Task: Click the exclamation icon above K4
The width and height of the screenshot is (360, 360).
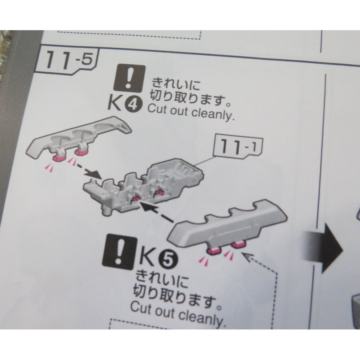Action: pyautogui.click(x=129, y=78)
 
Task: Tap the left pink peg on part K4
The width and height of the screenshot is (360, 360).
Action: pyautogui.click(x=59, y=156)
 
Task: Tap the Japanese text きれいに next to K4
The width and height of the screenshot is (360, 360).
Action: pyautogui.click(x=175, y=85)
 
